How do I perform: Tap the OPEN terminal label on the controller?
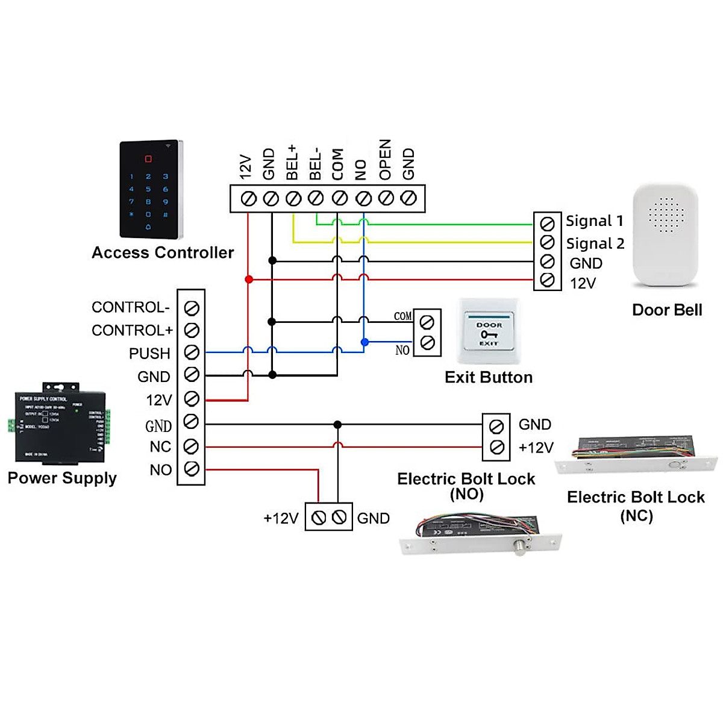(x=385, y=160)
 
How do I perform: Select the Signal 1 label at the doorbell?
(x=594, y=221)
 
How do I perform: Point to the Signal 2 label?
(x=595, y=243)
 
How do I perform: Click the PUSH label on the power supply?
(x=149, y=353)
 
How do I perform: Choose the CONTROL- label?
(x=131, y=307)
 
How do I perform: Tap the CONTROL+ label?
(x=132, y=330)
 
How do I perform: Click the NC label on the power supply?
(x=160, y=446)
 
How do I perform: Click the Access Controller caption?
(x=163, y=252)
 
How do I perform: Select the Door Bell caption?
(x=667, y=310)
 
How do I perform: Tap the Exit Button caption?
(x=489, y=377)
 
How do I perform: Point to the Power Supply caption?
(x=62, y=478)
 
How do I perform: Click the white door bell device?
(x=665, y=235)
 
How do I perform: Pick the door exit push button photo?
(x=489, y=331)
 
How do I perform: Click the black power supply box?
(x=60, y=425)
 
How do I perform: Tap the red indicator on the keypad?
(x=148, y=160)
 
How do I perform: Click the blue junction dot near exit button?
(x=365, y=342)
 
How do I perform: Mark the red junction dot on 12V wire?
(x=248, y=280)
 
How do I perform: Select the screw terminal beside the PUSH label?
(x=192, y=352)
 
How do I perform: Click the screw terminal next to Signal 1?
(x=548, y=224)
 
